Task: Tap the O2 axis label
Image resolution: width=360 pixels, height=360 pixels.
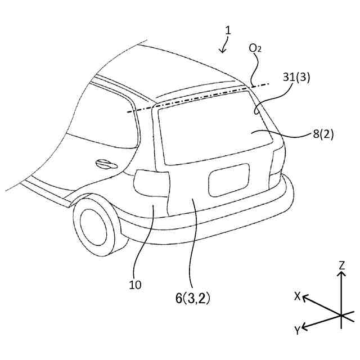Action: coord(255,49)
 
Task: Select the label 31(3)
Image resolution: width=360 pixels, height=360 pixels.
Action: coord(296,78)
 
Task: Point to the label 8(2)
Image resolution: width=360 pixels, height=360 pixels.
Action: coord(324,134)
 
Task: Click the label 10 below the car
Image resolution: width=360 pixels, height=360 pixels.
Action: coord(136,285)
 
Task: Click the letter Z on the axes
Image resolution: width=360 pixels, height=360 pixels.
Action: coord(341,264)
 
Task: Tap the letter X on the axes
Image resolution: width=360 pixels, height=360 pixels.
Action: coord(298,296)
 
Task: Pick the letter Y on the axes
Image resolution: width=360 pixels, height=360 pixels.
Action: coord(297,330)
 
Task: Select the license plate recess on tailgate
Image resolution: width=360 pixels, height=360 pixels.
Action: coord(229,180)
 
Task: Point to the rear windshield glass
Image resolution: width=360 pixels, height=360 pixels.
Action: coord(211,129)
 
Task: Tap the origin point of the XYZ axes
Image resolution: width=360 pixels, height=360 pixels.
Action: coord(341,314)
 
